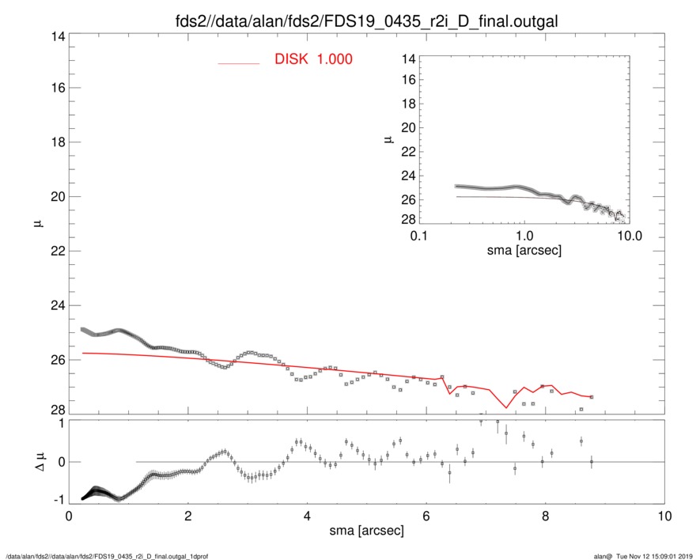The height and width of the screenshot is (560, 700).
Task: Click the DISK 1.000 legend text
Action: [313, 59]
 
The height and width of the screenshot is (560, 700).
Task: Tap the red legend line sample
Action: [239, 62]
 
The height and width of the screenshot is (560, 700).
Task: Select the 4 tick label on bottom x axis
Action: [307, 517]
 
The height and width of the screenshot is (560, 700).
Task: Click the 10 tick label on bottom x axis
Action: [664, 517]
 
